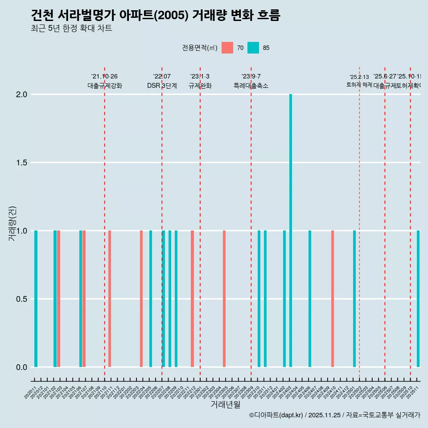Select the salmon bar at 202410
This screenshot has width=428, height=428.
[x=333, y=299]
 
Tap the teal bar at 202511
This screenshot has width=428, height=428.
[x=418, y=299]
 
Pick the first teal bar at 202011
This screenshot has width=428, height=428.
[x=36, y=299]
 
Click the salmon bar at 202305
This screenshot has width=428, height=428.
[x=224, y=299]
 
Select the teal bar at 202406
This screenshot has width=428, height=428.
[x=310, y=299]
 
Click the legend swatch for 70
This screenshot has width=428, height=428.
[x=227, y=48]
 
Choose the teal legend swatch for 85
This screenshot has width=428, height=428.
[x=253, y=48]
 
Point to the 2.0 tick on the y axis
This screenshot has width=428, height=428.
[x=22, y=95]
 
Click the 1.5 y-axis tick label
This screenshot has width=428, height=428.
[x=22, y=163]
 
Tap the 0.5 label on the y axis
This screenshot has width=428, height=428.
[x=22, y=299]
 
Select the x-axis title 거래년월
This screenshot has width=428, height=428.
[x=225, y=405]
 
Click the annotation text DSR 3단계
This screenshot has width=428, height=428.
[x=162, y=86]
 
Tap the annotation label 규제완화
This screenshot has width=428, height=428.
[x=200, y=86]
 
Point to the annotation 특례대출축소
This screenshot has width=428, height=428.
[x=251, y=86]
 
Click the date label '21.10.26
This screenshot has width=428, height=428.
[x=104, y=77]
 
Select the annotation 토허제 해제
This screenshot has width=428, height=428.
[x=359, y=85]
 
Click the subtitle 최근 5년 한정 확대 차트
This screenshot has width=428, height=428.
[x=71, y=29]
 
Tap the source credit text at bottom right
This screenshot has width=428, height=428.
[x=334, y=415]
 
